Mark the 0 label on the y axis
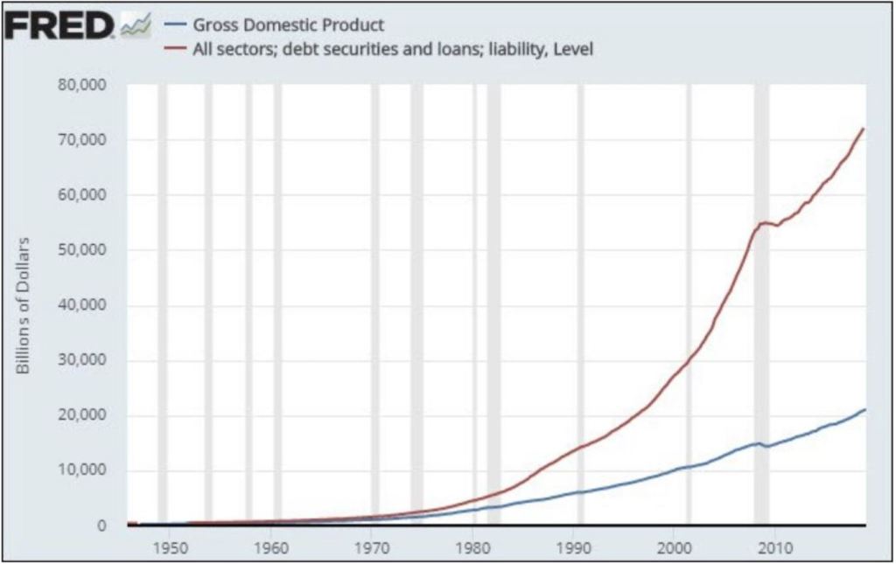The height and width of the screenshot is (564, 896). coord(101,526)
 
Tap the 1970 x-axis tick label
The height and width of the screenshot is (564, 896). coord(372,548)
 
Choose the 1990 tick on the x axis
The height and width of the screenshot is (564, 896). coord(573,548)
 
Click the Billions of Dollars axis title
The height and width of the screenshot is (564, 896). coord(24,305)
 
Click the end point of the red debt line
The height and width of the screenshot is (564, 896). coord(864,129)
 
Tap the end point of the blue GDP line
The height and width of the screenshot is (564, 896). coord(864,409)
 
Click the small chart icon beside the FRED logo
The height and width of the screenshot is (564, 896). coord(136,28)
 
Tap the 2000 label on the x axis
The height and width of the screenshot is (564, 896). coord(674,548)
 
